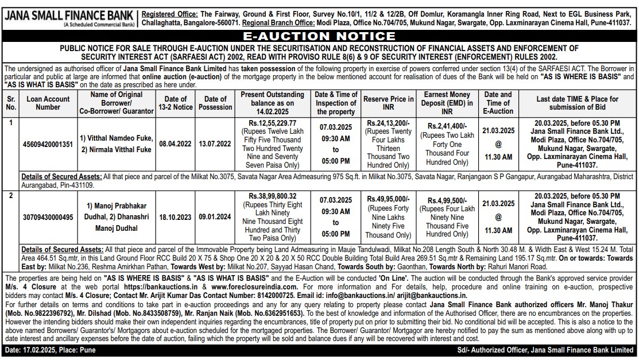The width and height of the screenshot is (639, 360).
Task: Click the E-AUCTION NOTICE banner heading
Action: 319,36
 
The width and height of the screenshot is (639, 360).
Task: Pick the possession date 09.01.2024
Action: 215,217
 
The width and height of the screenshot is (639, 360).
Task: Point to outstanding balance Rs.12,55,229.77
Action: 272,123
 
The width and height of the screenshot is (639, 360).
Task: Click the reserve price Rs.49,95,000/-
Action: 388,198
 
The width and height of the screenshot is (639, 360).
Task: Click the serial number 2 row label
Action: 10,196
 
